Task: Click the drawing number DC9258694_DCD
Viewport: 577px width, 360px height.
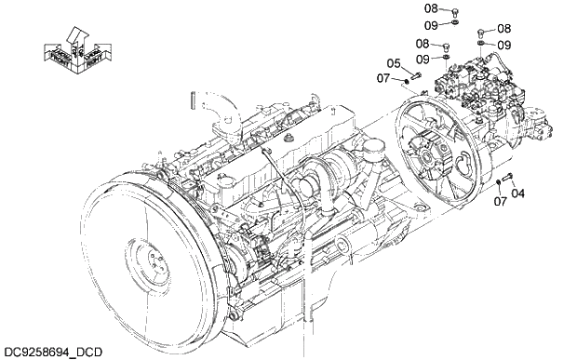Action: point(52,351)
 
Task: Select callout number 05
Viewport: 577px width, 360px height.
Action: point(395,63)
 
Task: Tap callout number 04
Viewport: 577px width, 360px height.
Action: point(518,193)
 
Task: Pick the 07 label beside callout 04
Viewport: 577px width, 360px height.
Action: point(501,200)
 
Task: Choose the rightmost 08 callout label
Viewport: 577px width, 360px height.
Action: point(503,29)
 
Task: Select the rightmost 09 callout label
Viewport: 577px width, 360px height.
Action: point(503,44)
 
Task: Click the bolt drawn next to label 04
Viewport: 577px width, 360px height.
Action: point(507,178)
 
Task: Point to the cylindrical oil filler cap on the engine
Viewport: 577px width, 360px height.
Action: point(377,148)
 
